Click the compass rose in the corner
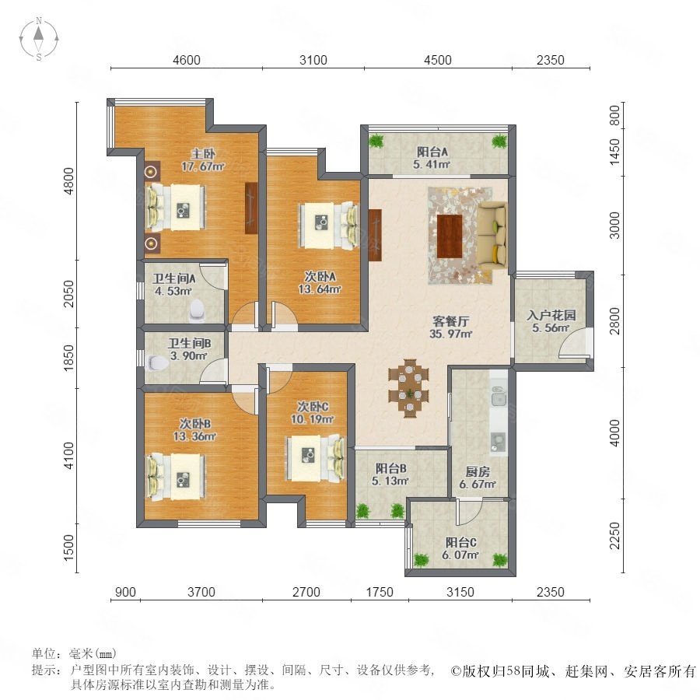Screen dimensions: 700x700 click(39, 39)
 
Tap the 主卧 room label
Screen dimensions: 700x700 click(203, 155)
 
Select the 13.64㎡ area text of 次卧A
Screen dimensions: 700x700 click(320, 289)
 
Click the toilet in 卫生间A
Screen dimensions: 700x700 click(197, 310)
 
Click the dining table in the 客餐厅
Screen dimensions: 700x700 click(408, 388)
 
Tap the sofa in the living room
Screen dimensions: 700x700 click(493, 235)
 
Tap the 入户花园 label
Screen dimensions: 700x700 click(551, 315)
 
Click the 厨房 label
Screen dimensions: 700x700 click(478, 471)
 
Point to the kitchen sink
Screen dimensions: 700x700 click(498, 396)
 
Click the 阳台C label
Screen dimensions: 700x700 click(460, 542)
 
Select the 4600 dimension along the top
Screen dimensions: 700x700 click(187, 60)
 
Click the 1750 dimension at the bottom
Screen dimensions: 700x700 click(380, 592)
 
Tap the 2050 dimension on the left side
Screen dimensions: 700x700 click(68, 294)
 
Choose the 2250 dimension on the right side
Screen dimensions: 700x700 click(615, 536)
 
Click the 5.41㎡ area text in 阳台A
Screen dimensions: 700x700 click(431, 164)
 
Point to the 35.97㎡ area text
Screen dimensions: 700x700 click(450, 334)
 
